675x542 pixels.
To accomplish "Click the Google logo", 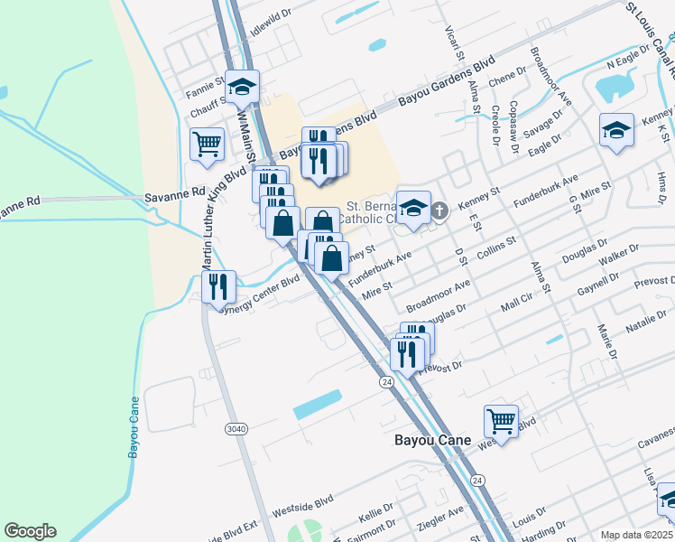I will pyautogui.click(x=30, y=531).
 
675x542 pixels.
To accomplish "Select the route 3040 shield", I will pyautogui.click(x=236, y=429).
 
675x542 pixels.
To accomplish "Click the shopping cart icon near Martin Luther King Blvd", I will pyautogui.click(x=207, y=143).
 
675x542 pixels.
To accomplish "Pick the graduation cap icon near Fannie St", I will pyautogui.click(x=242, y=86).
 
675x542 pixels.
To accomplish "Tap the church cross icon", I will pyautogui.click(x=439, y=211).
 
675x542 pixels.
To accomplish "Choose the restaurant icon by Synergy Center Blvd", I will pyautogui.click(x=217, y=286).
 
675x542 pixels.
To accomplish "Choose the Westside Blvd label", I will pyautogui.click(x=302, y=500).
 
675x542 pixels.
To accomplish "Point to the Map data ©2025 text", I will pyautogui.click(x=637, y=535).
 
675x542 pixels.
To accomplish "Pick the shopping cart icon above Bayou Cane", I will pyautogui.click(x=501, y=420).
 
